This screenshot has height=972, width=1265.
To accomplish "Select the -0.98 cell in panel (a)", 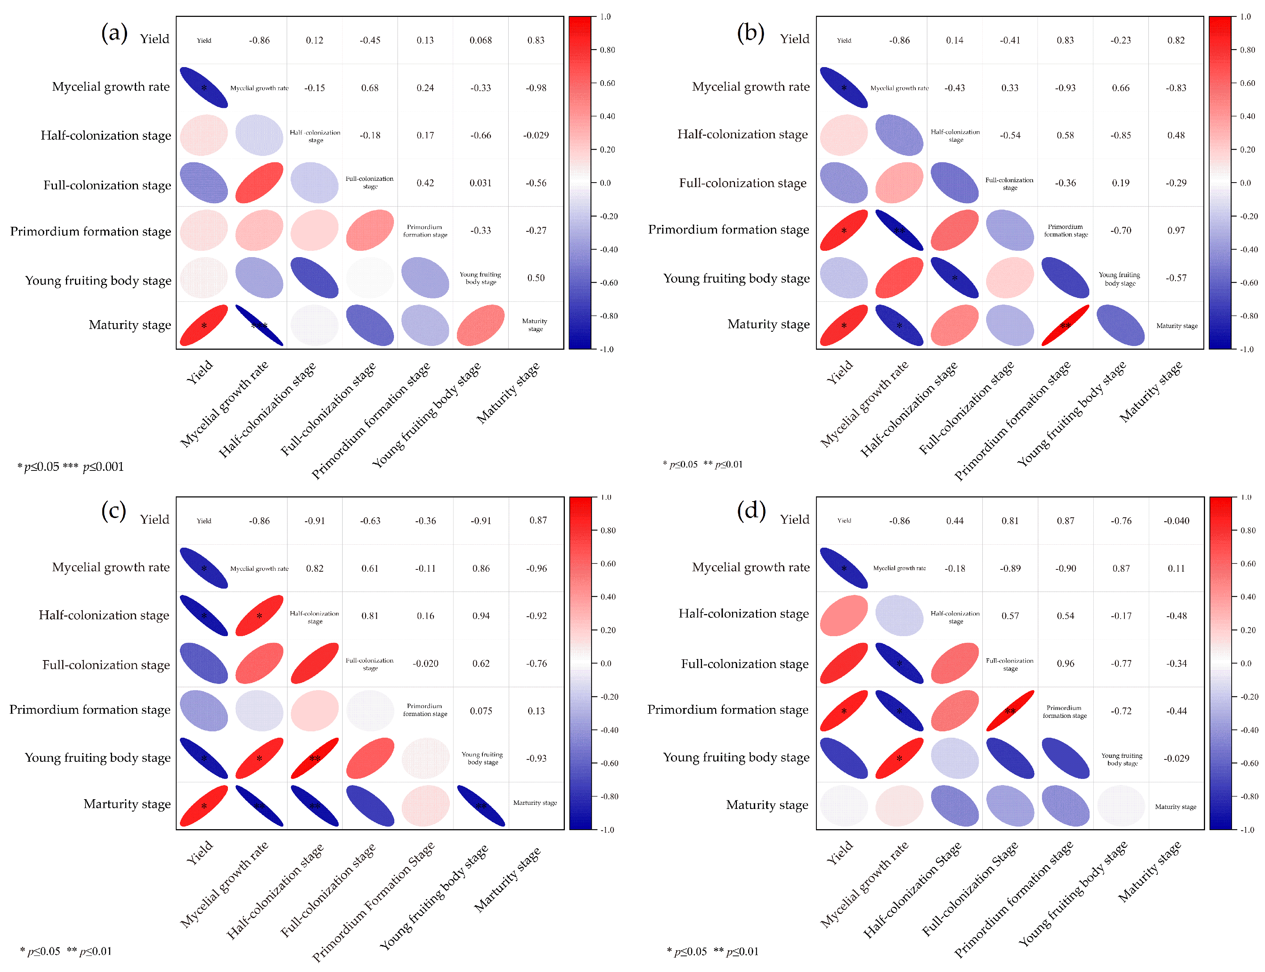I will click(x=536, y=88).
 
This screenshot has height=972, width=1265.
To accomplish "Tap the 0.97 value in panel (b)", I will click(x=1175, y=230).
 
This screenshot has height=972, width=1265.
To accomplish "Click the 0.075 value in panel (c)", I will click(x=481, y=711).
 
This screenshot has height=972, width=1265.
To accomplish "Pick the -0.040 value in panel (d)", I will click(x=1176, y=521).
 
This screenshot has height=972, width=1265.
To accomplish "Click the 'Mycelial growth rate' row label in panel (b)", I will click(x=750, y=87).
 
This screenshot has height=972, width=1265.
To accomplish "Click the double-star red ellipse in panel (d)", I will click(x=1009, y=711).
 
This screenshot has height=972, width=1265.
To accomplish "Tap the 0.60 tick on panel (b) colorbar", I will click(x=1248, y=83).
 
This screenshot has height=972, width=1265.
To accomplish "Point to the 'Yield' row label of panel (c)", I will click(x=154, y=520).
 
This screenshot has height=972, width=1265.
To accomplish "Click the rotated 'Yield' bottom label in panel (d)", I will click(x=839, y=854).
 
